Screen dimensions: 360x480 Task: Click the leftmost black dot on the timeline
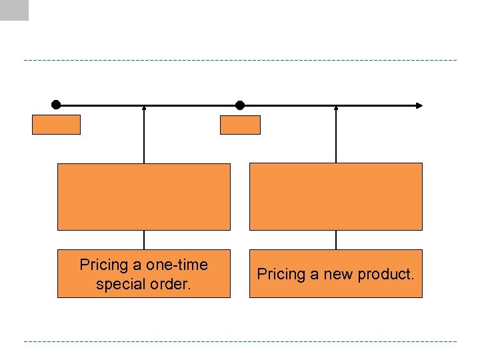[56, 105]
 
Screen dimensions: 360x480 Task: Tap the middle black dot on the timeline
[240, 105]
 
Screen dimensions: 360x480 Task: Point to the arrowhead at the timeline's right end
[419, 105]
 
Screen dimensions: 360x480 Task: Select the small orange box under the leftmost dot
[56, 125]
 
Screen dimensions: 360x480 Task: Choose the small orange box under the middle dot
[240, 125]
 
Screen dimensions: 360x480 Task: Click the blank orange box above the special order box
[144, 197]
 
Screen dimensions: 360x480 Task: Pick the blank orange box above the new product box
[336, 197]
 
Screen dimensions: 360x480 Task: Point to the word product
[386, 274]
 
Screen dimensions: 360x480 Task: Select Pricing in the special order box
[103, 265]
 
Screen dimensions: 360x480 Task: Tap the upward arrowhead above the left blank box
[144, 108]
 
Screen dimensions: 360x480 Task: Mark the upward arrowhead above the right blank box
[336, 108]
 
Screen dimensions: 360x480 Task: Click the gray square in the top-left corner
[15, 10]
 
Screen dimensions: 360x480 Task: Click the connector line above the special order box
[144, 240]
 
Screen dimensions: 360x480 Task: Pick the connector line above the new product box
[336, 240]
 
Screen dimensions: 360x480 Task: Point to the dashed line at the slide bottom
[240, 341]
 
